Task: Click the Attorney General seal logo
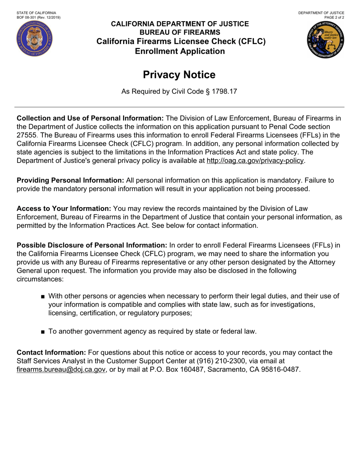point(326,39)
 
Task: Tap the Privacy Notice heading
point(179,75)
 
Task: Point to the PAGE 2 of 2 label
point(334,17)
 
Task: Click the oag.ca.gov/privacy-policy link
point(255,161)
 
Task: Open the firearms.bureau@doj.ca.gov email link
point(61,369)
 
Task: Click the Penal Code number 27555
point(27,135)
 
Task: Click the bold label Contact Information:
point(52,353)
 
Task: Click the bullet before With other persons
point(43,297)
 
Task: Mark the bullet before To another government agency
point(43,332)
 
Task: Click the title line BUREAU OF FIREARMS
point(180,32)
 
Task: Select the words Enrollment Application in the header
point(180,51)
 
